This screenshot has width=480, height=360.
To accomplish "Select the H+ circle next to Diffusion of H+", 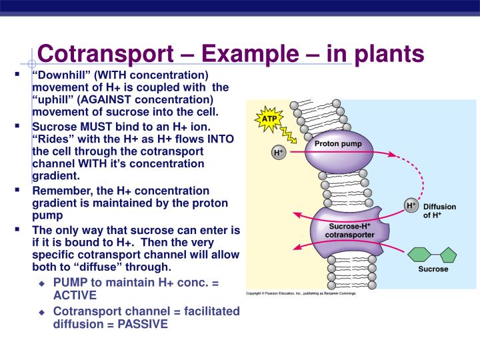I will (411, 205).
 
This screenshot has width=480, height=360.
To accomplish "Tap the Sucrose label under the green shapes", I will (433, 270).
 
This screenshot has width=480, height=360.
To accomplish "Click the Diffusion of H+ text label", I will (440, 211).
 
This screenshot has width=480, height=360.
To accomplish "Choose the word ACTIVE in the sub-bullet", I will (75, 295).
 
